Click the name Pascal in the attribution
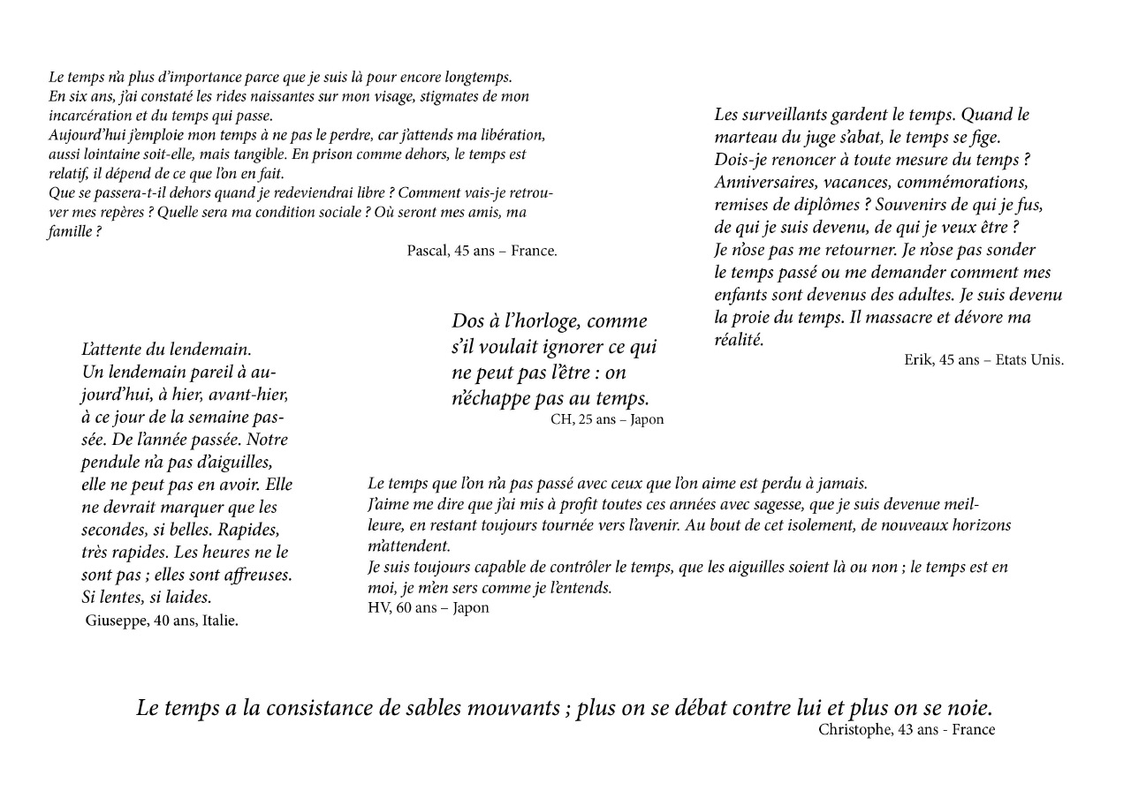click(x=427, y=251)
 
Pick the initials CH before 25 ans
click(x=562, y=419)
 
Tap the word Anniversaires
click(x=766, y=183)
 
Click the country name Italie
click(x=220, y=621)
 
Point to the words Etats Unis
click(x=1029, y=359)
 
